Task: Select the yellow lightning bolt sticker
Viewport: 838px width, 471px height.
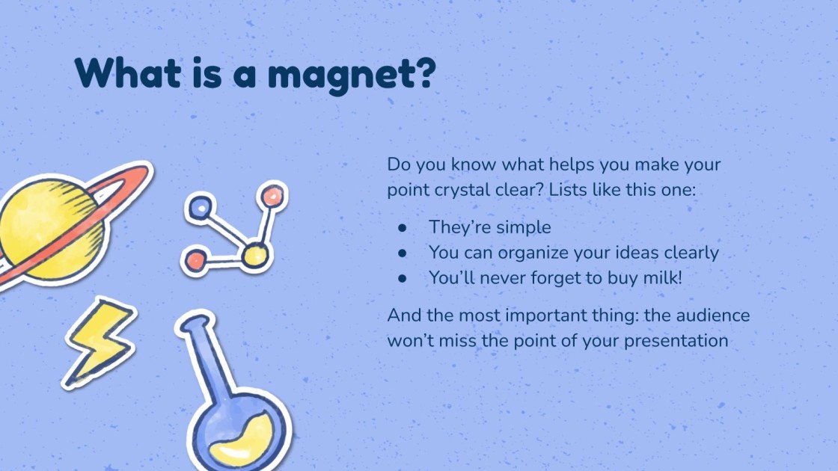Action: [100, 340]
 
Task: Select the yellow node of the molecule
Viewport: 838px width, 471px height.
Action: [254, 255]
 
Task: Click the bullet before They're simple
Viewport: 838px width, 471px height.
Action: [403, 227]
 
